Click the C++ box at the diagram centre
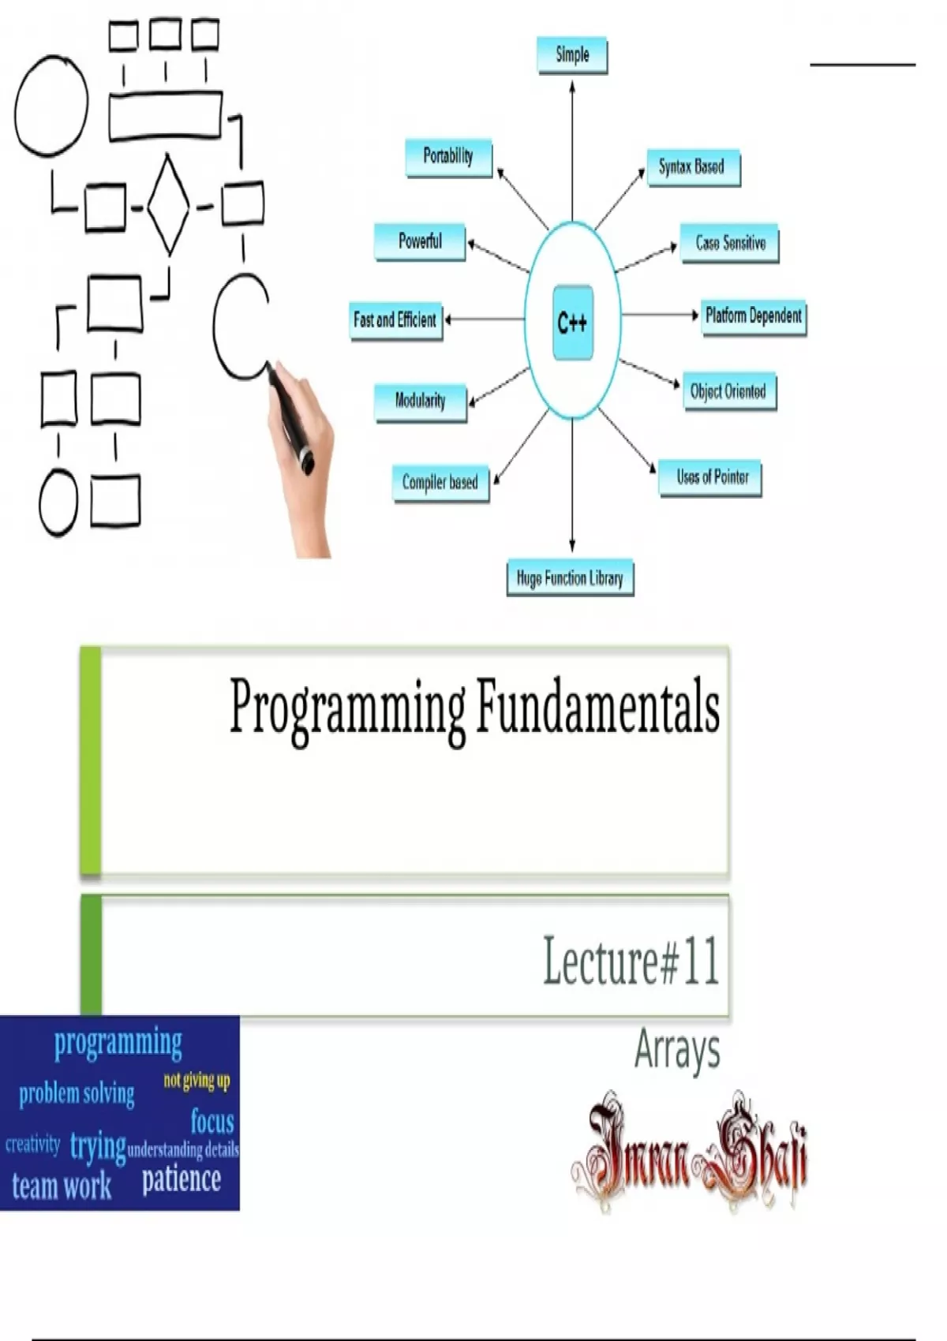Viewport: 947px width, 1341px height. pos(573,323)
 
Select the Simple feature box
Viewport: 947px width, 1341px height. pos(572,55)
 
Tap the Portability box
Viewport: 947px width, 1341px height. pos(449,158)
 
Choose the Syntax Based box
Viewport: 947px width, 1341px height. pos(694,167)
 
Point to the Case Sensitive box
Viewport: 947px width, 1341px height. pos(729,243)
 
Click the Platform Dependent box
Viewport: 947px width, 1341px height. pos(754,317)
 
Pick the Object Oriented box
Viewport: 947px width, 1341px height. pos(729,391)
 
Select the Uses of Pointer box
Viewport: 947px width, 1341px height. pos(709,478)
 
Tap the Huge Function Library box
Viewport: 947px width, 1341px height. pos(570,577)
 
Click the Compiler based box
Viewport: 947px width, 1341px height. pos(441,483)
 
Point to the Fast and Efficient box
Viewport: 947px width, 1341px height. pos(396,321)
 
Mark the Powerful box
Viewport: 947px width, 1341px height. pos(420,242)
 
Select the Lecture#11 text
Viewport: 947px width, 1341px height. pos(631,962)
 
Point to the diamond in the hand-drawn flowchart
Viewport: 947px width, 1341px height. pos(168,204)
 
